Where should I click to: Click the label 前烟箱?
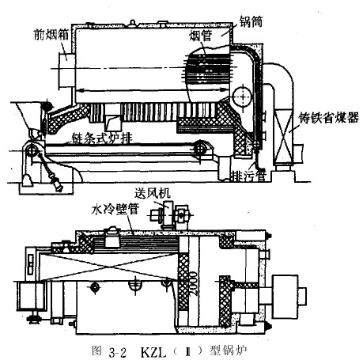[51, 35]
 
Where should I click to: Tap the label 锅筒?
[251, 21]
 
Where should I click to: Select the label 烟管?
[201, 36]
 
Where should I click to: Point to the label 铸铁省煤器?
[328, 118]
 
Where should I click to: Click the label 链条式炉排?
[102, 138]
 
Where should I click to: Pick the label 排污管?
[248, 176]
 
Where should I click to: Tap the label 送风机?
[153, 193]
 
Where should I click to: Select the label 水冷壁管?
[115, 210]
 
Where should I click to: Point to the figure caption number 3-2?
[117, 352]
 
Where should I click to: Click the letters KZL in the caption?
[153, 352]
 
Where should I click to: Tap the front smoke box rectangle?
[66, 71]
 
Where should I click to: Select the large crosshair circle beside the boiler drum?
[242, 97]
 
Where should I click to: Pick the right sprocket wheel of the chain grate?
[200, 150]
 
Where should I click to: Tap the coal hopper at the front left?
[26, 116]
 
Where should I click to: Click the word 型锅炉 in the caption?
[228, 351]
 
